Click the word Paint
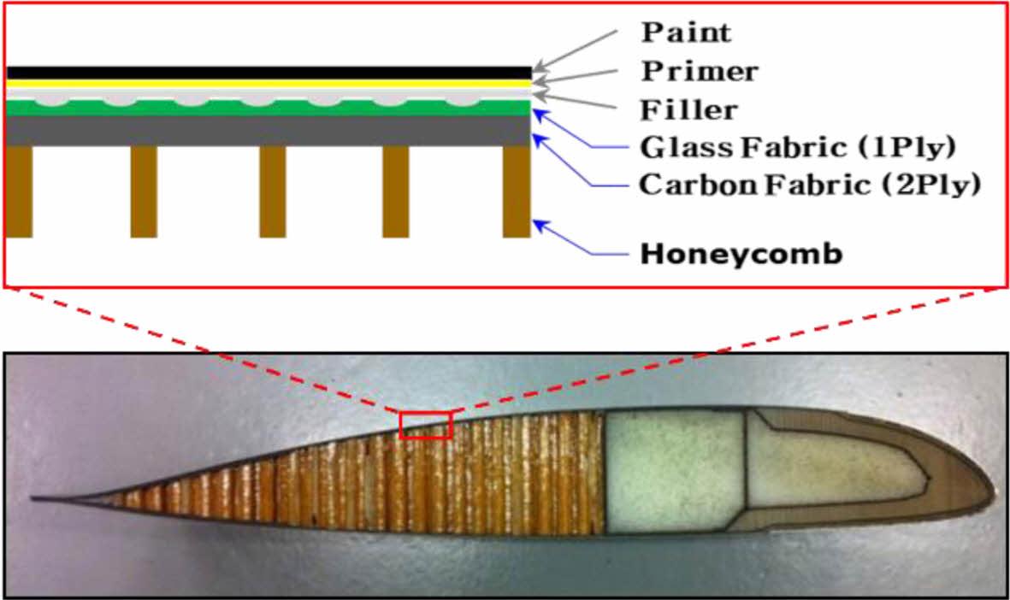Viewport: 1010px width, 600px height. [687, 32]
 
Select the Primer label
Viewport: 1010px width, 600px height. [700, 71]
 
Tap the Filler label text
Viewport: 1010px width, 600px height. [688, 110]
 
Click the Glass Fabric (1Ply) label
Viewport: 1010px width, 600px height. [797, 147]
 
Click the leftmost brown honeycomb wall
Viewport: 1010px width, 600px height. [18, 191]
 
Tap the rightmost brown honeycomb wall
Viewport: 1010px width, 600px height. [517, 191]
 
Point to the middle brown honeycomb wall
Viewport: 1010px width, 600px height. [272, 191]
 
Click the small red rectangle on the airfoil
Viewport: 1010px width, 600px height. [425, 425]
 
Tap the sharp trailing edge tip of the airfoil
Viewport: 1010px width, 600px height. [34, 497]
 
